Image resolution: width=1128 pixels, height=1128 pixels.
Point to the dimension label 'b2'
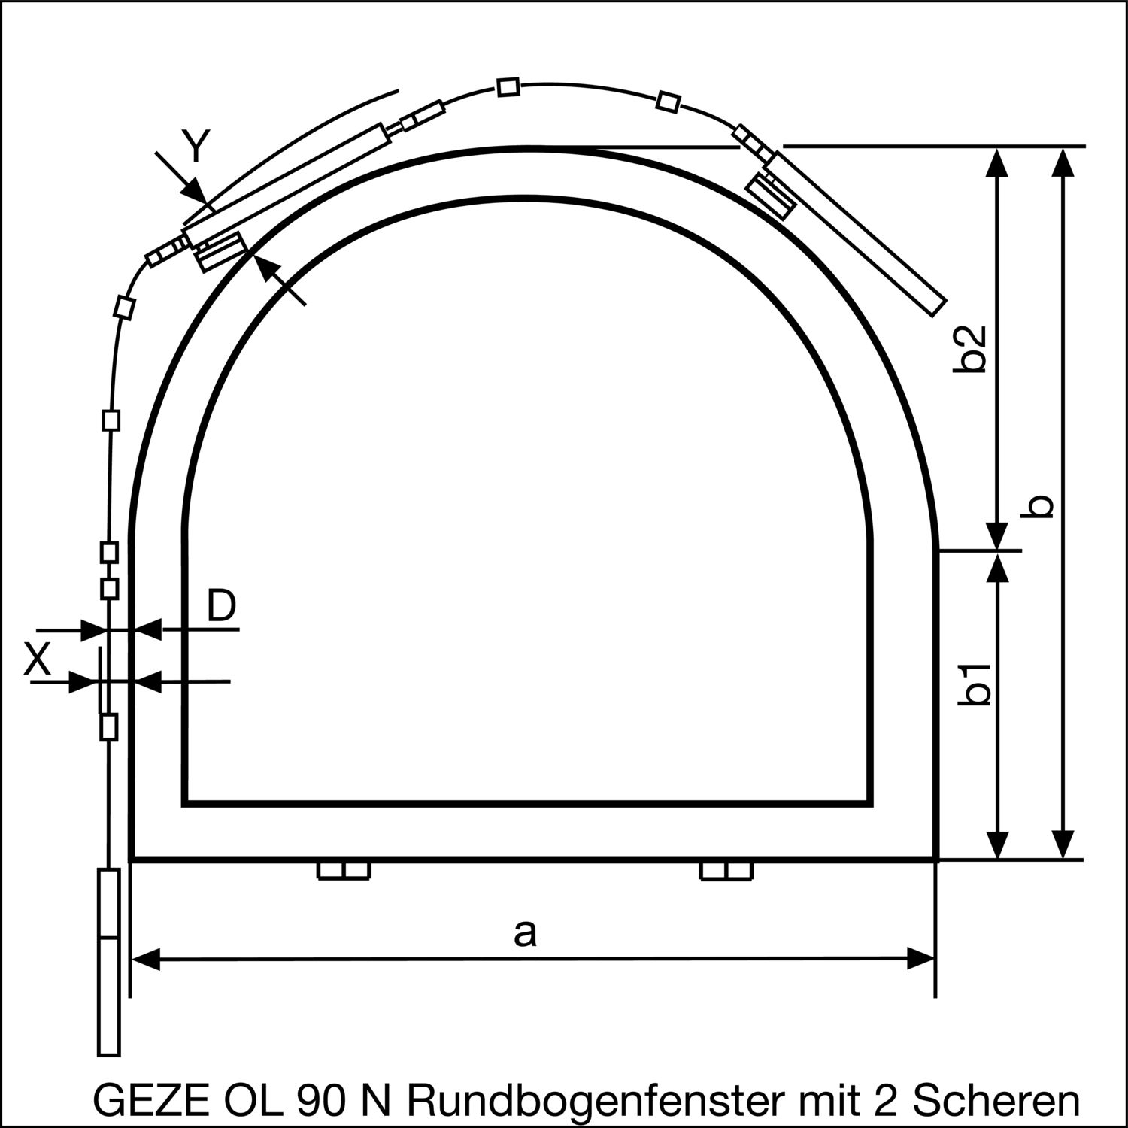975,349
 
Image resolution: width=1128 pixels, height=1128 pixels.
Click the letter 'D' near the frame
221,605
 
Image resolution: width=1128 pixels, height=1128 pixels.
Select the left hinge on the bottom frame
344,871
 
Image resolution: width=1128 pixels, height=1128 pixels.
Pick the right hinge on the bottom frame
726,871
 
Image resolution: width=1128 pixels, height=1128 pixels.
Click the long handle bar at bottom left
109,963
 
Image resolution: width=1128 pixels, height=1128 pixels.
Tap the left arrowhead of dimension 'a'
144,959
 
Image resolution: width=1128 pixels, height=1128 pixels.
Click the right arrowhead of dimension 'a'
922,959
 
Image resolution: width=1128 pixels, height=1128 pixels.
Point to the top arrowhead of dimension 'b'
1062,161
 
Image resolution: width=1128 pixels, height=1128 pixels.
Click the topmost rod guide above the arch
508,87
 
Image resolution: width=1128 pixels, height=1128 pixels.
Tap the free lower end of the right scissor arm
936,304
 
